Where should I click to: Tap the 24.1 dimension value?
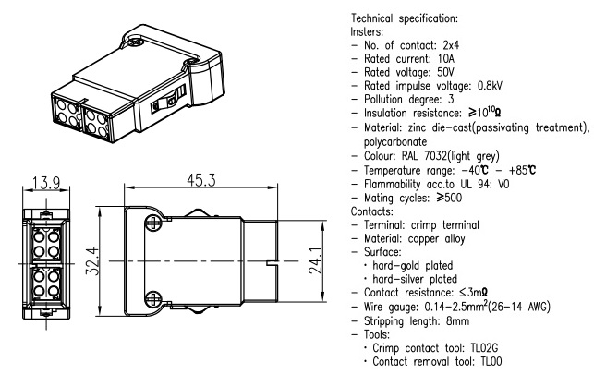pyautogui.click(x=316, y=264)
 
